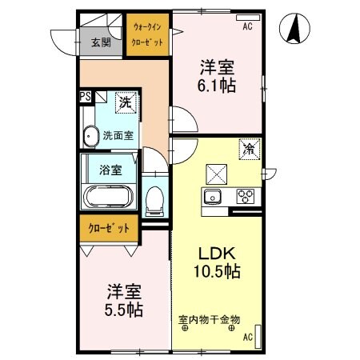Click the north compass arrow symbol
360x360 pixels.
pyautogui.click(x=294, y=30)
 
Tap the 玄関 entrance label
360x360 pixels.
pyautogui.click(x=101, y=43)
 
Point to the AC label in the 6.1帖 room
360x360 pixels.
pyautogui.click(x=247, y=26)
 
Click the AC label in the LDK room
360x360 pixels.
pyautogui.click(x=247, y=337)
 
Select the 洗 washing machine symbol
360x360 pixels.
pyautogui.click(x=125, y=102)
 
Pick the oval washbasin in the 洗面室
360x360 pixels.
pyautogui.click(x=90, y=136)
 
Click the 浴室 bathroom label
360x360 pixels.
pyautogui.click(x=110, y=170)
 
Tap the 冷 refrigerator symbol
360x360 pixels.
pyautogui.click(x=249, y=148)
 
